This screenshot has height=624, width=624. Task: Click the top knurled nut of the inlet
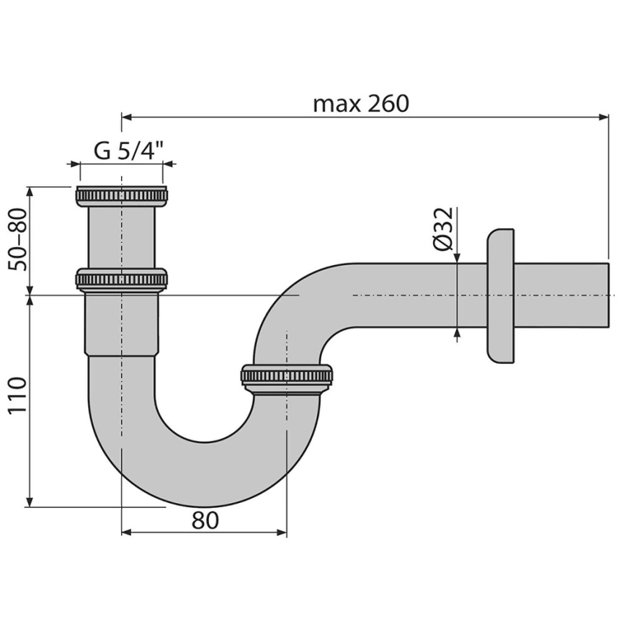[121, 196]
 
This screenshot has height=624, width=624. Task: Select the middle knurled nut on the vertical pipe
[121, 278]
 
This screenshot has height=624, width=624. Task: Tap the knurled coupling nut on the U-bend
[287, 376]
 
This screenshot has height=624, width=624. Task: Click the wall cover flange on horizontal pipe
[501, 295]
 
